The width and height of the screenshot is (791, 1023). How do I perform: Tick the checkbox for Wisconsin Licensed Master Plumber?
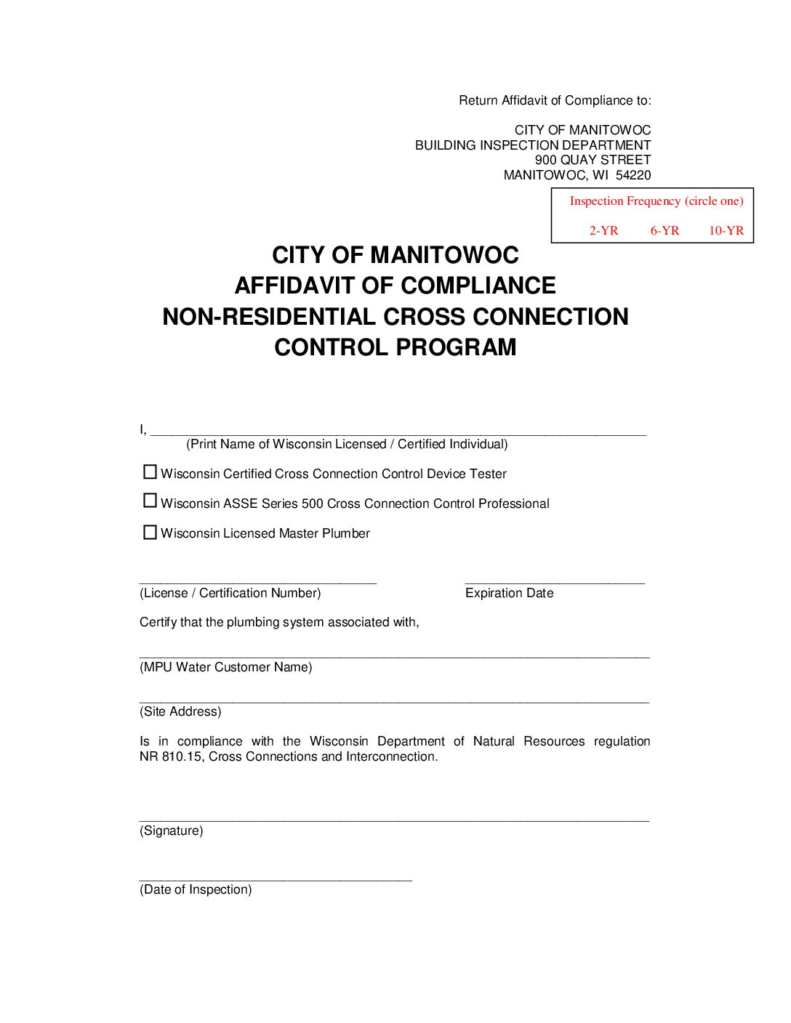(x=150, y=533)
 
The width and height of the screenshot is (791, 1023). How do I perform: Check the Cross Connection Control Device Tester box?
(x=150, y=472)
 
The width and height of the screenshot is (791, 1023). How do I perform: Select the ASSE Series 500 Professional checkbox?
(x=150, y=501)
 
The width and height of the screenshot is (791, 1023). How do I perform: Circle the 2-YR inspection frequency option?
(x=603, y=230)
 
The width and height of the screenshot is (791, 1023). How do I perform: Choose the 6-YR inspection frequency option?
(x=664, y=230)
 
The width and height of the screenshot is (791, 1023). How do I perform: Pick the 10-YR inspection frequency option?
(x=726, y=230)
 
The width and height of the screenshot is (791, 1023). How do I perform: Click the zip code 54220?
(x=633, y=175)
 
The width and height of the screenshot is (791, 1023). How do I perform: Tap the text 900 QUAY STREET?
(x=593, y=160)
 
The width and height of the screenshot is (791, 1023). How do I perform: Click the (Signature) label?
(x=172, y=830)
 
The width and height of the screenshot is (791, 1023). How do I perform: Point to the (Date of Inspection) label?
(x=196, y=889)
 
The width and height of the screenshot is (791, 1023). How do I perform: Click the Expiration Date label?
(x=509, y=593)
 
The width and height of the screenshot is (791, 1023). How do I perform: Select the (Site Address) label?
(x=180, y=711)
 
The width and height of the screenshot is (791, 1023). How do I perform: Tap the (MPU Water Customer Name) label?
(x=225, y=667)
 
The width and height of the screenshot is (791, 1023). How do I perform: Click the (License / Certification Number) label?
(x=230, y=593)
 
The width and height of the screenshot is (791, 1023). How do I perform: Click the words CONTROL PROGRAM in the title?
(x=395, y=347)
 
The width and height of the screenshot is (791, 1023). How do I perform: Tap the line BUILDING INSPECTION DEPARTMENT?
(x=533, y=145)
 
